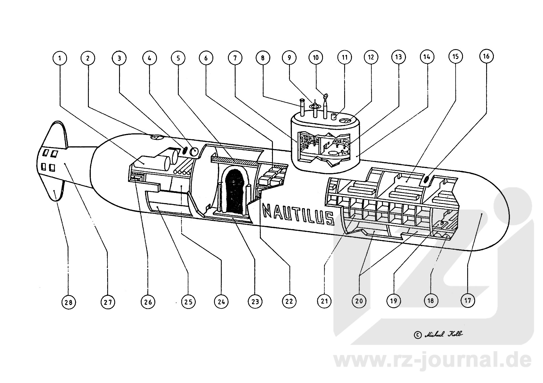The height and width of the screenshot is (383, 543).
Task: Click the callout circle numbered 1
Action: click(60, 58)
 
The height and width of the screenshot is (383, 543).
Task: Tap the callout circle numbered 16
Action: click(486, 56)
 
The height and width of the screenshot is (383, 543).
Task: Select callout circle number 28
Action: click(68, 302)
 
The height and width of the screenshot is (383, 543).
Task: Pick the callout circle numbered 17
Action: click(467, 300)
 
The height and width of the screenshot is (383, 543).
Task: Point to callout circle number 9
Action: click(289, 58)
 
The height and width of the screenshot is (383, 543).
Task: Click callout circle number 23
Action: click(255, 301)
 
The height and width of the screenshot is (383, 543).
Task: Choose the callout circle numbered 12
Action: click(371, 57)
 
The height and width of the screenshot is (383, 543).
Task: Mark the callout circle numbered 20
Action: click(359, 301)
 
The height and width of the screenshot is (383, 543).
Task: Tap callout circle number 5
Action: click(178, 58)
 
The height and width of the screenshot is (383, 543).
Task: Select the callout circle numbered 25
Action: click(188, 302)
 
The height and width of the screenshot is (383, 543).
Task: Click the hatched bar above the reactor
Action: click(235, 160)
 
